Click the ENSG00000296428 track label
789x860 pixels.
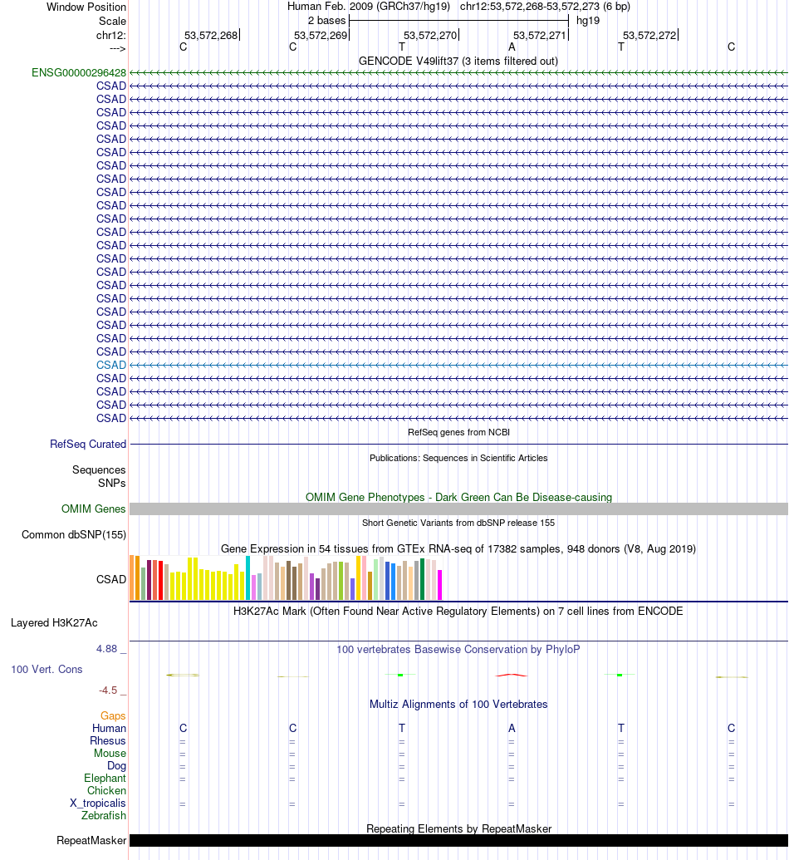coord(79,72)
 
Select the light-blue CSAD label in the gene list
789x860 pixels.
coord(111,365)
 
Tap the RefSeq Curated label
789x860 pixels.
coord(88,445)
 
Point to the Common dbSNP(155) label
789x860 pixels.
coord(74,534)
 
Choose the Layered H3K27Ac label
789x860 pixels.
coord(54,622)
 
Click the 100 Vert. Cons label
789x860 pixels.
coord(47,669)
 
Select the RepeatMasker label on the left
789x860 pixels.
coord(91,840)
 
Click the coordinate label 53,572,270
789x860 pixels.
coord(430,35)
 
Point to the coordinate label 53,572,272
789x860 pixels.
coord(649,35)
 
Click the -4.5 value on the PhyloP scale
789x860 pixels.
coord(112,690)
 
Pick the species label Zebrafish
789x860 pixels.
coord(104,815)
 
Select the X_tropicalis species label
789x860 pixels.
coord(98,803)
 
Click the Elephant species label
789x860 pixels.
coord(105,778)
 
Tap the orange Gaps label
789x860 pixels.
coord(113,715)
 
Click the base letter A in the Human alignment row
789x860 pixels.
coord(512,728)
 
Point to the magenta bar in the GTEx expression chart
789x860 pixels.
coord(440,584)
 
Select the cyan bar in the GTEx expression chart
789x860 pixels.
coord(248,577)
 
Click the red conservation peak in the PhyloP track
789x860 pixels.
coord(512,675)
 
